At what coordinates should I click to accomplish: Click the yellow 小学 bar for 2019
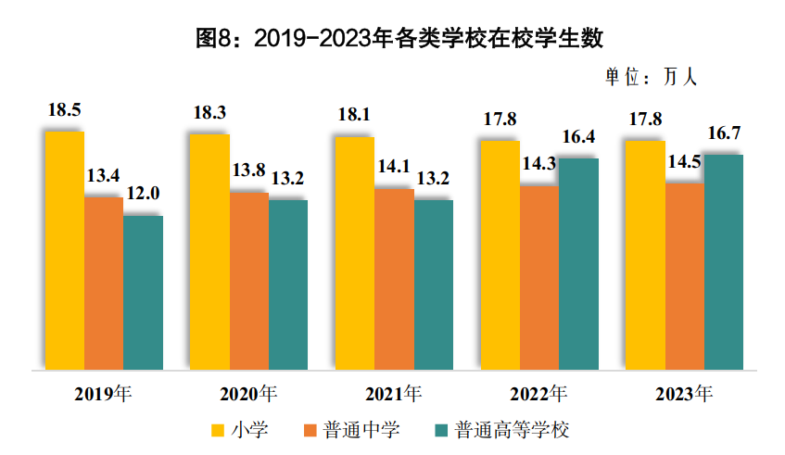64,250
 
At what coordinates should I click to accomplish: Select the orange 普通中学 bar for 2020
248,281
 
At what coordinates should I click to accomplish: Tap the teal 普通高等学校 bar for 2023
724,262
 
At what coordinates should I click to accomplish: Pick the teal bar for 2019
143,293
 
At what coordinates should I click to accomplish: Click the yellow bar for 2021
354,253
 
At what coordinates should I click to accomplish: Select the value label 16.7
724,133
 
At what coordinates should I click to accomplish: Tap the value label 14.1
394,168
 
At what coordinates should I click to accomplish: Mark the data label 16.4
578,137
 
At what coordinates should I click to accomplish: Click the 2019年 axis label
104,393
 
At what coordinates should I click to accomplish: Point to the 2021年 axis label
394,393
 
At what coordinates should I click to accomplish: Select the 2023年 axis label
684,393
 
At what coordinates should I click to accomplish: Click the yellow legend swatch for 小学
218,431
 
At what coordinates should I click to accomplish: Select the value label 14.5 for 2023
684,161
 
